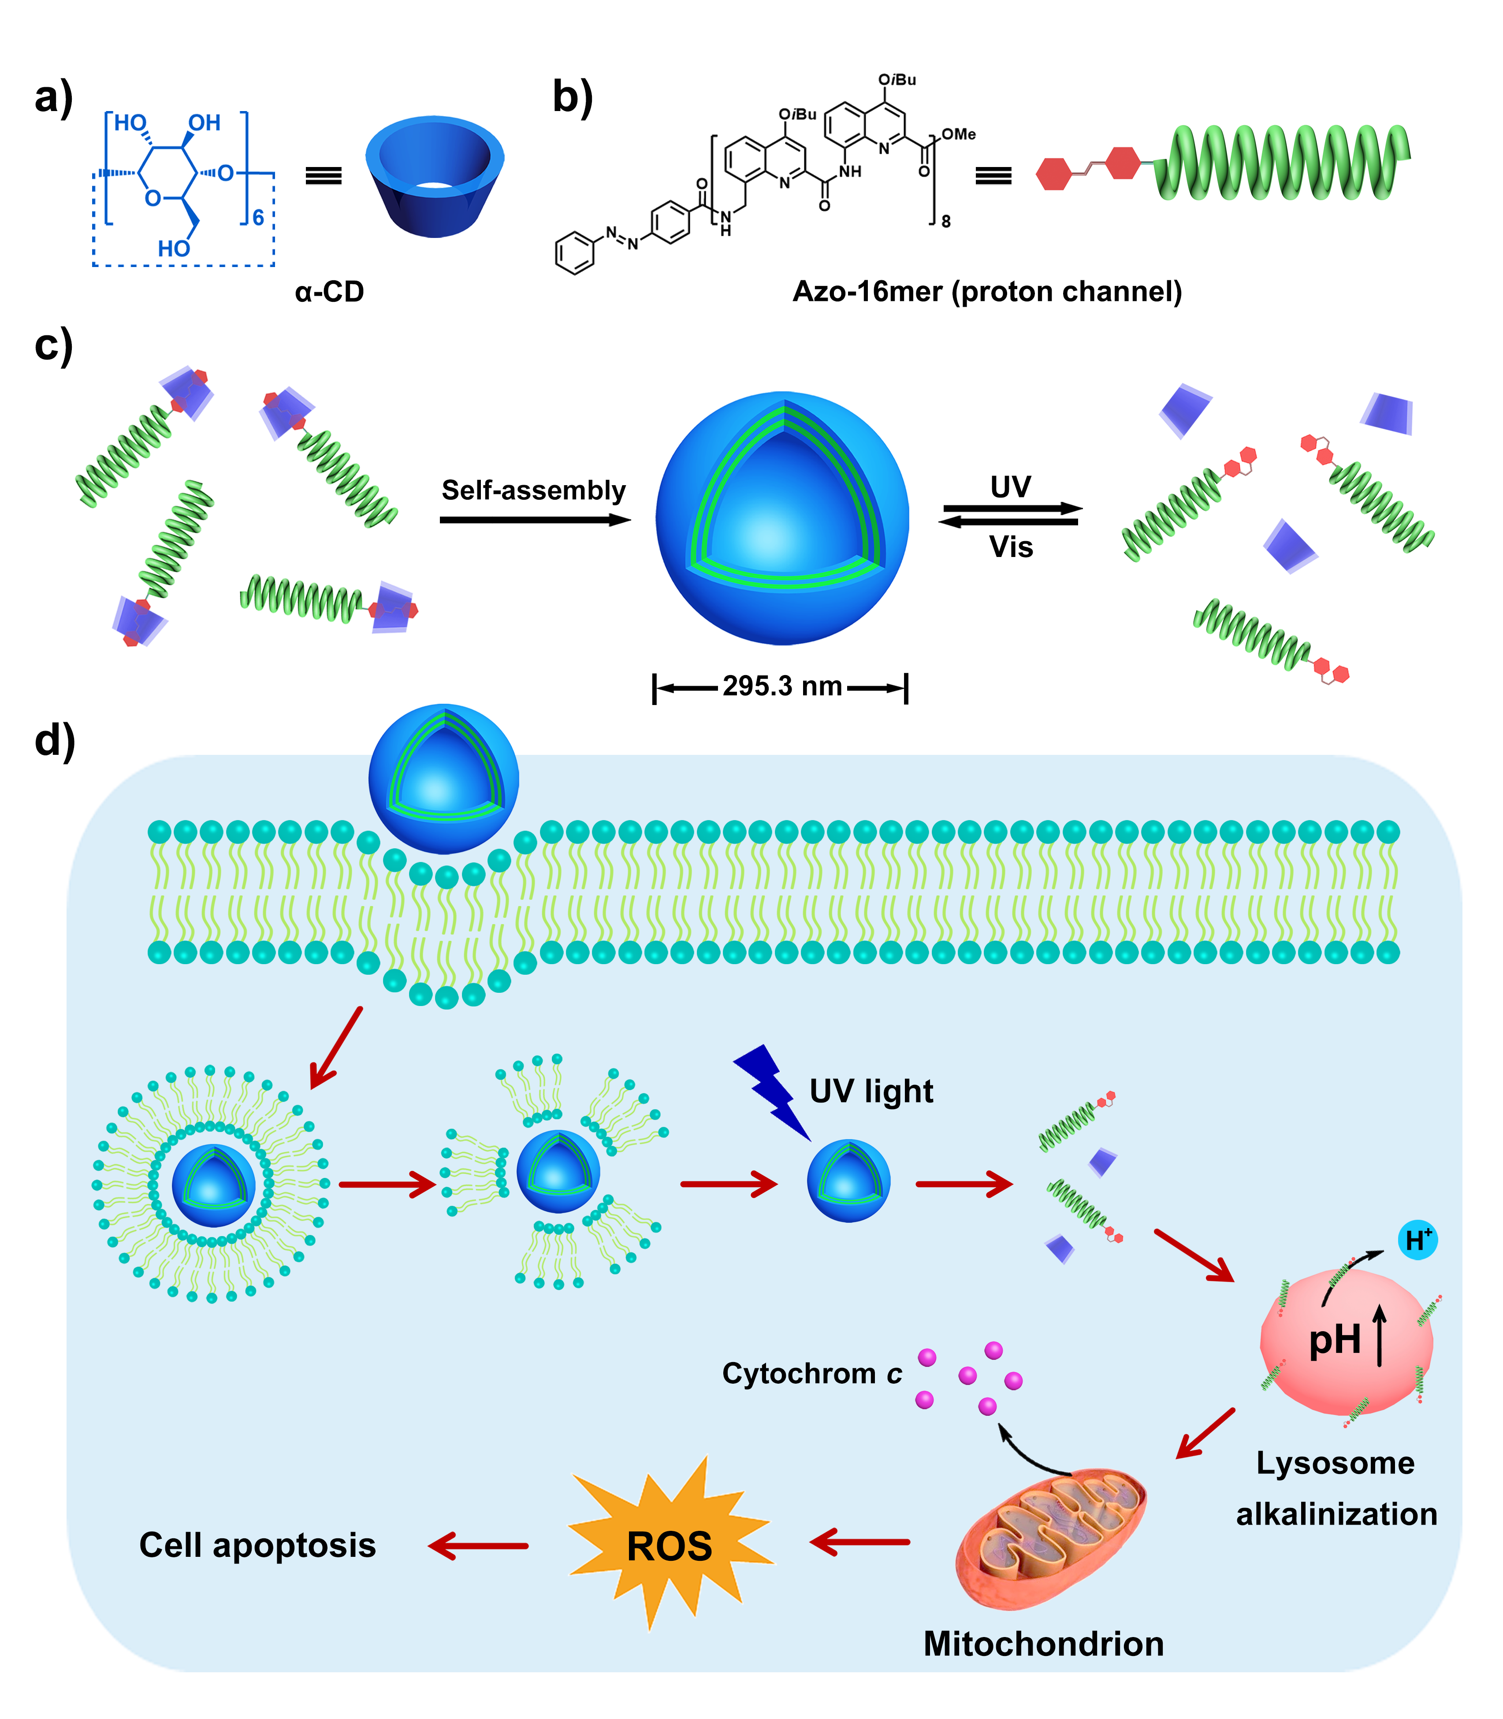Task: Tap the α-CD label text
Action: tap(330, 292)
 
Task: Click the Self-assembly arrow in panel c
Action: tap(534, 520)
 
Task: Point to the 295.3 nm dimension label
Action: tap(782, 686)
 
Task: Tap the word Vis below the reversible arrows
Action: tap(1011, 548)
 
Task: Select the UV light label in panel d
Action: tap(871, 1091)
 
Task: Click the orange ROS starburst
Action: tap(670, 1545)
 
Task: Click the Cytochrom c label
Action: tap(811, 1374)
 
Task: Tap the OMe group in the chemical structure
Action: tap(959, 134)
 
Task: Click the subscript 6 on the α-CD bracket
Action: tap(258, 218)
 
